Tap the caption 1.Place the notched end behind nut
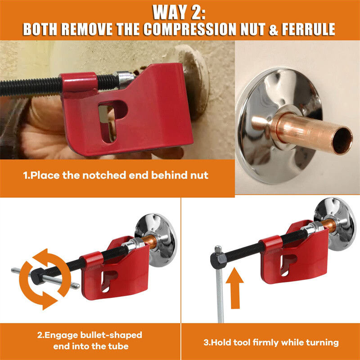tap(116, 175)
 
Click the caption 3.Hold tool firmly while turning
tap(271, 342)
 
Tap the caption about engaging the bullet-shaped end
tap(90, 341)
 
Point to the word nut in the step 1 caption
tap(198, 175)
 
